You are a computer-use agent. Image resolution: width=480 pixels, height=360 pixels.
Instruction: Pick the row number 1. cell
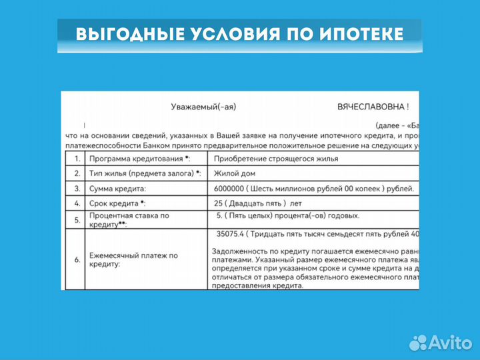[77, 159]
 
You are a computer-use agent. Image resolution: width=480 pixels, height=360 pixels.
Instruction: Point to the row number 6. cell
[77, 260]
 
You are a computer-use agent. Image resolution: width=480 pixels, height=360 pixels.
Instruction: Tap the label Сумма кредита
[118, 189]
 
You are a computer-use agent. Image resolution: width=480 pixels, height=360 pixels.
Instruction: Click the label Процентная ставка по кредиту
[129, 220]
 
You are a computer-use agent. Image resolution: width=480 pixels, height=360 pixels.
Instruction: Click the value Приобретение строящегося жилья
[276, 159]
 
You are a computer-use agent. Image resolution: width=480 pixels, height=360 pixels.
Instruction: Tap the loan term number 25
[220, 203]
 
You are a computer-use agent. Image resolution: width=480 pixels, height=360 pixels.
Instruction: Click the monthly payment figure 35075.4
[231, 234]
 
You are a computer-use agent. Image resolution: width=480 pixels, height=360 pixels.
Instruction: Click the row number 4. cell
[77, 203]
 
